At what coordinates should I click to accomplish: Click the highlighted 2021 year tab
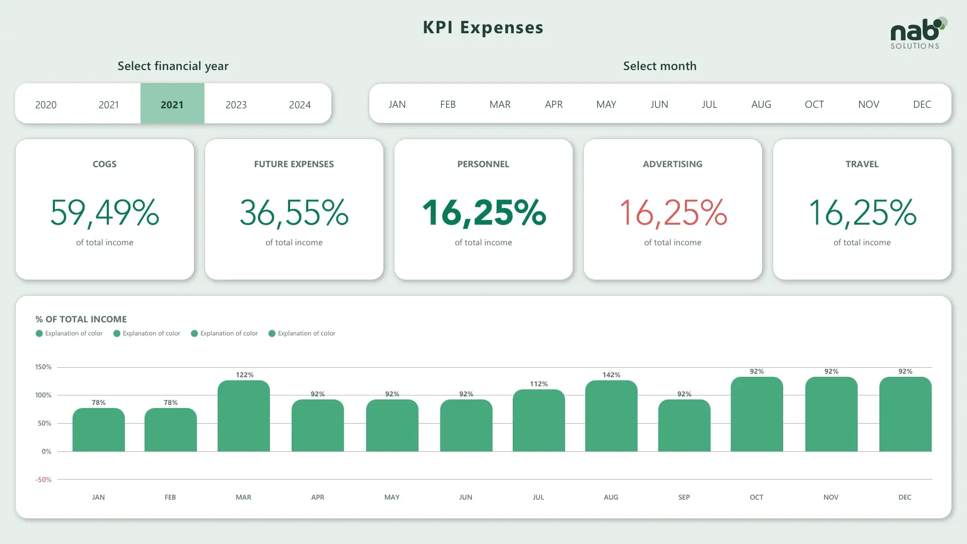[x=172, y=104]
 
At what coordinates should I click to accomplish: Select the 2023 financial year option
[x=236, y=105]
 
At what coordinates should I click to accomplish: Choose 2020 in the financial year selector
[x=46, y=105]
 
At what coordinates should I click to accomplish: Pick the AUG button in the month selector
[x=761, y=104]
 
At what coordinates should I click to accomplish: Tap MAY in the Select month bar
[x=606, y=104]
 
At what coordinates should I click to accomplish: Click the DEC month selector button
[x=922, y=104]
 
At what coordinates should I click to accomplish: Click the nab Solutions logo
[x=917, y=34]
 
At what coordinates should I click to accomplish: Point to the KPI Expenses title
[x=483, y=27]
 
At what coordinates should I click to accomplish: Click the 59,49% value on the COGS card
[x=105, y=212]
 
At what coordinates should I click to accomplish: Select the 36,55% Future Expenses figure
[x=294, y=212]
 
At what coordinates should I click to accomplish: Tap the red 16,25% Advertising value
[x=672, y=212]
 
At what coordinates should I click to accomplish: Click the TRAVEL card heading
[x=862, y=164]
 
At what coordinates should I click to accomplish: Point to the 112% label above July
[x=538, y=384]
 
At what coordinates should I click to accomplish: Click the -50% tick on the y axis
[x=44, y=480]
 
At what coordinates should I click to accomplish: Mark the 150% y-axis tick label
[x=43, y=367]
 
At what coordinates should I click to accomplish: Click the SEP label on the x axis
[x=684, y=497]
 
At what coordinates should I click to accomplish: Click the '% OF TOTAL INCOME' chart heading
[x=81, y=319]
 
